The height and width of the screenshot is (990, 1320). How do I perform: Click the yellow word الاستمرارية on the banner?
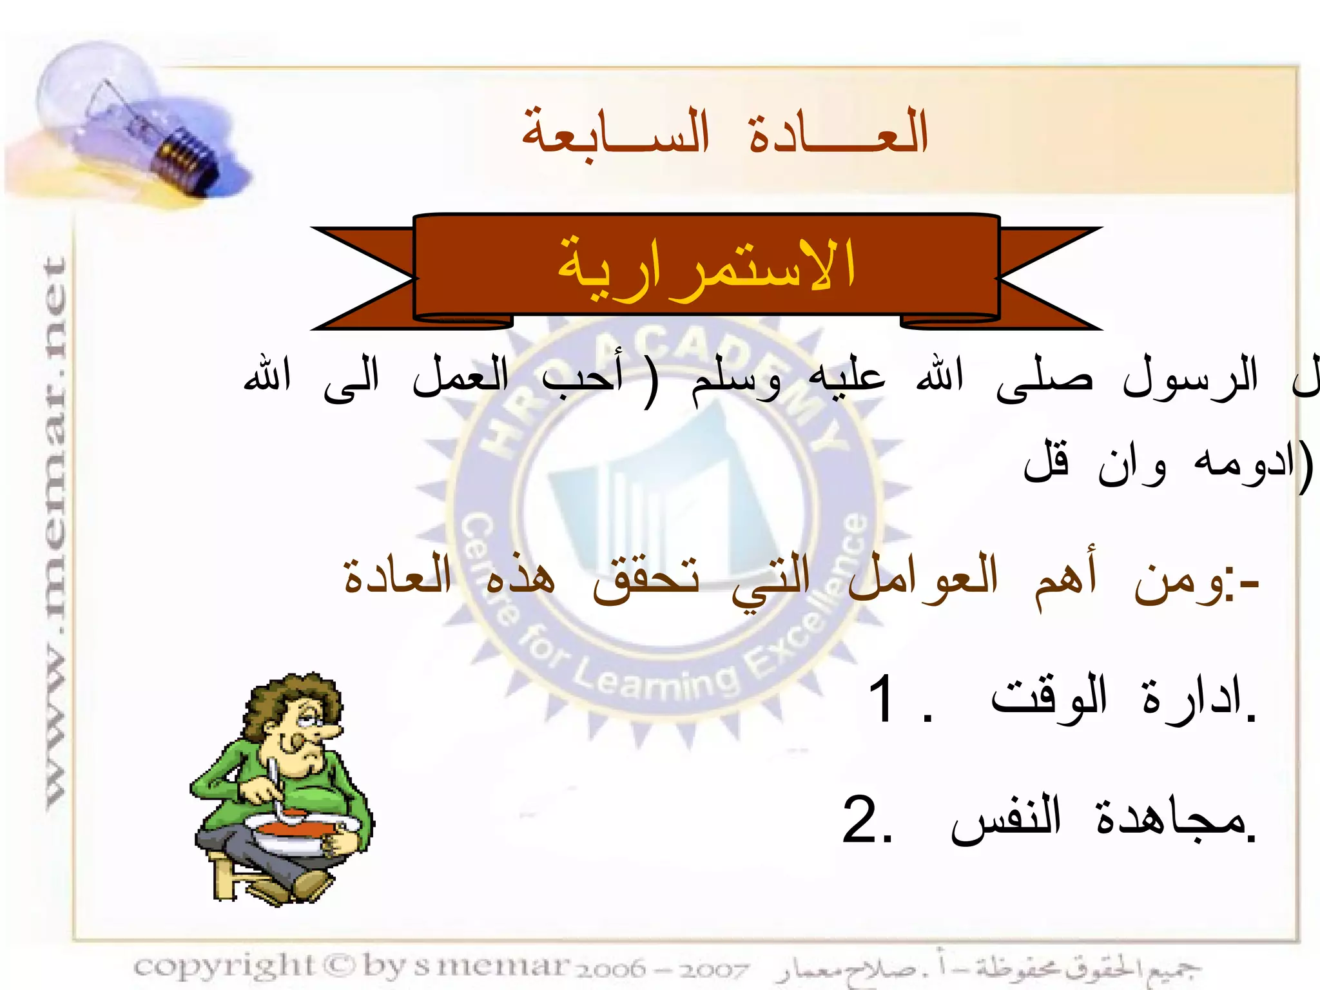pyautogui.click(x=706, y=268)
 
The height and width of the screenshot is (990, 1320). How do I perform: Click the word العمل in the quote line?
pyautogui.click(x=460, y=377)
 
